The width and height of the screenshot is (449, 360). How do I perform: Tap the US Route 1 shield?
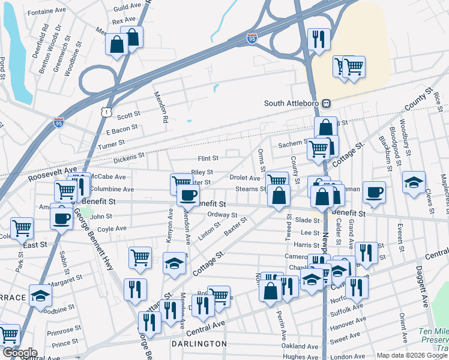pyautogui.click(x=106, y=112)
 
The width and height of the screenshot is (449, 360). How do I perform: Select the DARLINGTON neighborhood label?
pyautogui.click(x=199, y=344)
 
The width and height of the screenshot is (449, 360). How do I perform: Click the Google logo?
pyautogui.click(x=20, y=353)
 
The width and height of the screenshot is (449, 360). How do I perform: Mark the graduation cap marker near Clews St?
pyautogui.click(x=414, y=183)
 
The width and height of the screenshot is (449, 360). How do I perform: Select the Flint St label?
pyautogui.click(x=208, y=158)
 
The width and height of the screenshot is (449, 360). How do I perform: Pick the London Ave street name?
pyautogui.click(x=343, y=356)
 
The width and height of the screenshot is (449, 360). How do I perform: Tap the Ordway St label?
pyautogui.click(x=222, y=215)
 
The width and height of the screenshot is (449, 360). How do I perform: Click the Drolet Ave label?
pyautogui.click(x=244, y=178)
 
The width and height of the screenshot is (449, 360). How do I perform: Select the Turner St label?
pyautogui.click(x=111, y=144)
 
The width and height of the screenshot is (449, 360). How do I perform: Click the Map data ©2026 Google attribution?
pyautogui.click(x=412, y=355)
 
